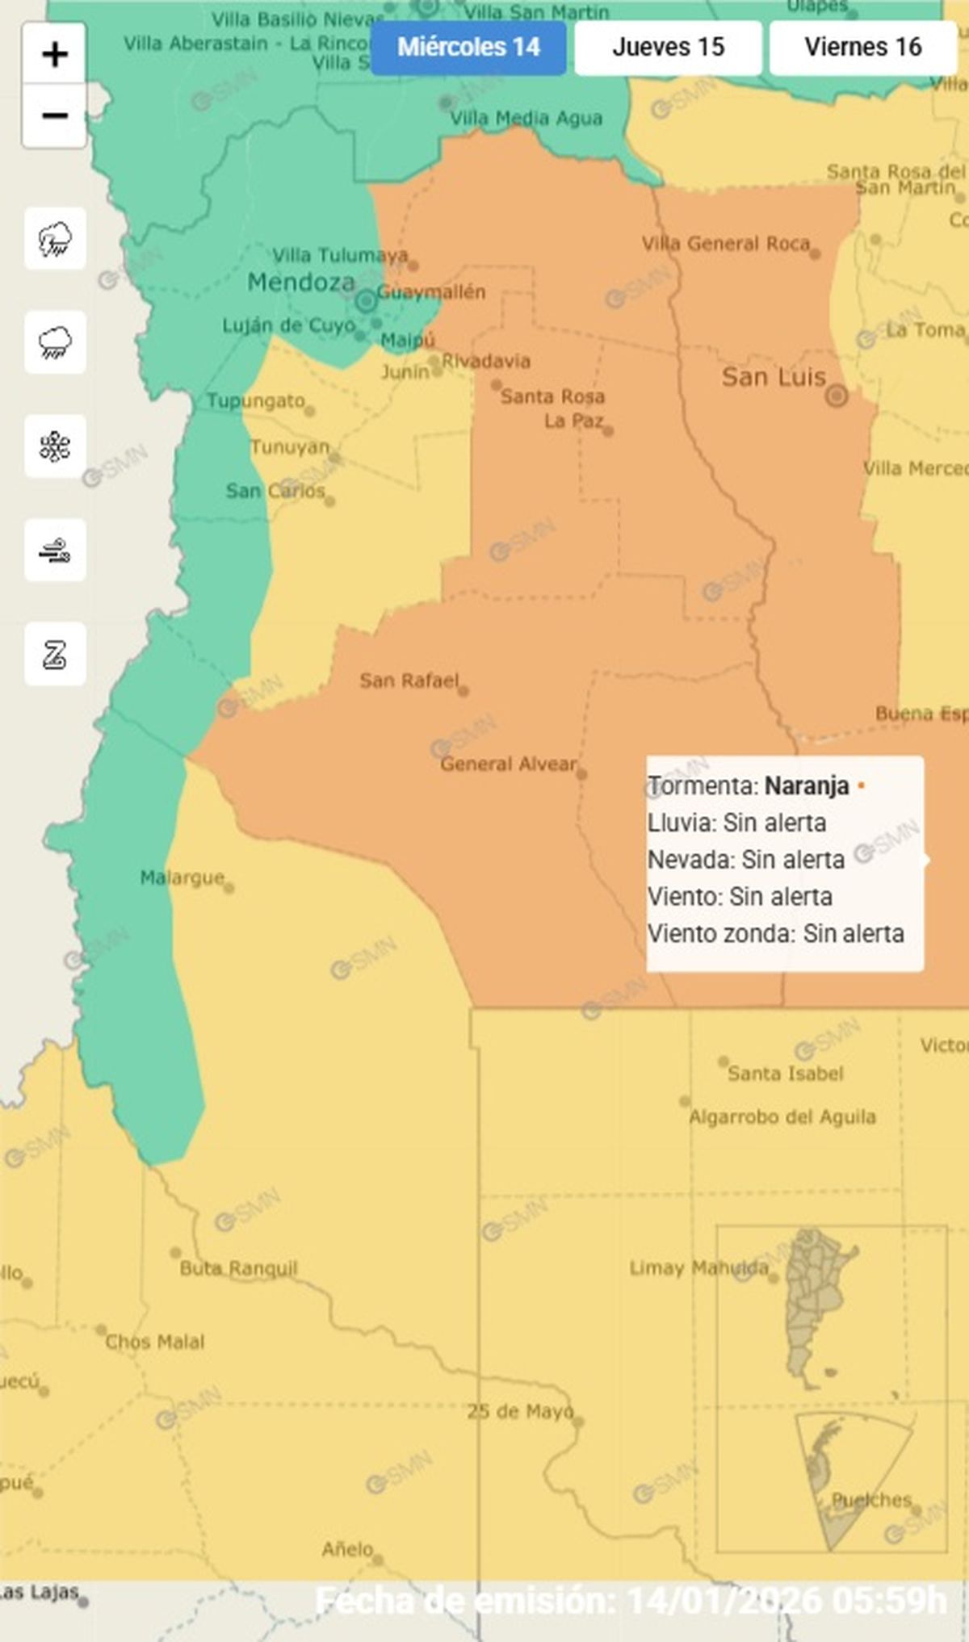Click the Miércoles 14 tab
coord(468,48)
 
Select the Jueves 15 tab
coord(668,48)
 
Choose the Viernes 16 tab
coord(862,48)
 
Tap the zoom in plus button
coord(54,55)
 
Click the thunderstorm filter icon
coord(55,239)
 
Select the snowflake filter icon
coord(55,446)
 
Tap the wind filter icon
coord(55,551)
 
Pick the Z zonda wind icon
coord(55,654)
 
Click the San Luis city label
coord(774,378)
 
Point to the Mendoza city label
coord(301,283)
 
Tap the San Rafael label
coord(409,681)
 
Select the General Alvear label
coord(508,764)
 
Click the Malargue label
coord(182,878)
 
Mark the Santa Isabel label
coord(785,1074)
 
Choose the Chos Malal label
coord(154,1342)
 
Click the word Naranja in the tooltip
coord(807,785)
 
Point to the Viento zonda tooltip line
coord(775,934)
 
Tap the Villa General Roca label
coord(725,244)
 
